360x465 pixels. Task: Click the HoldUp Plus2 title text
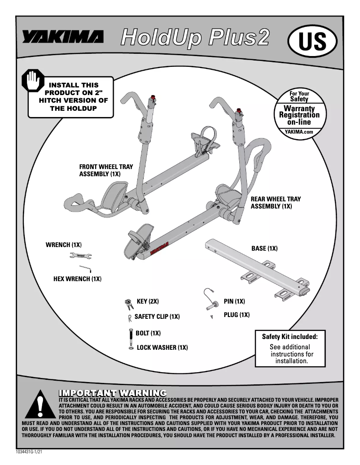(x=195, y=38)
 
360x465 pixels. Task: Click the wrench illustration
(x=81, y=256)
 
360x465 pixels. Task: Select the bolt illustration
(x=130, y=336)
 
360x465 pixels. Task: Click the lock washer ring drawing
(x=130, y=348)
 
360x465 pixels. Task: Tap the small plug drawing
(x=211, y=317)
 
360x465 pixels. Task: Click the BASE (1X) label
(x=264, y=248)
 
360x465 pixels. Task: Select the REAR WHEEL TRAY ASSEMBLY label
(x=275, y=203)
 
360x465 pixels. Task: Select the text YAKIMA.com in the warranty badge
(x=299, y=132)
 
